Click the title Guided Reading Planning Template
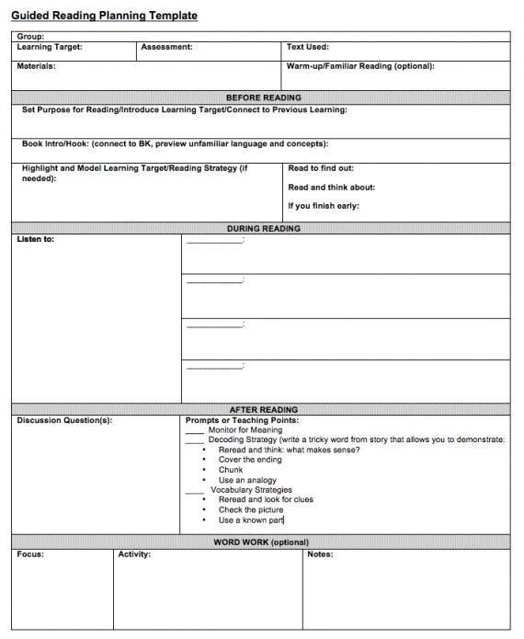(x=104, y=16)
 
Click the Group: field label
(x=30, y=37)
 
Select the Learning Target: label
(x=50, y=47)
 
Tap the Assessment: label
(x=166, y=47)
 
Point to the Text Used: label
(x=307, y=47)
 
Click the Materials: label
(x=36, y=66)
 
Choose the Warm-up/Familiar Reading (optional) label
(x=360, y=66)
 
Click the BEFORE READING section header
(x=263, y=97)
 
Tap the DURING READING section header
(x=263, y=228)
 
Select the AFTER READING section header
(x=263, y=409)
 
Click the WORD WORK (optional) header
(x=261, y=542)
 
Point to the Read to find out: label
(x=321, y=168)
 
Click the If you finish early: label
(x=324, y=206)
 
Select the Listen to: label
(x=36, y=240)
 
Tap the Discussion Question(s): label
(x=64, y=420)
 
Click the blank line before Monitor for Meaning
(x=194, y=431)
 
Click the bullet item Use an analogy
(x=247, y=480)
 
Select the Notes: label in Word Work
(x=320, y=554)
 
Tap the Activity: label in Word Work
(x=134, y=554)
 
